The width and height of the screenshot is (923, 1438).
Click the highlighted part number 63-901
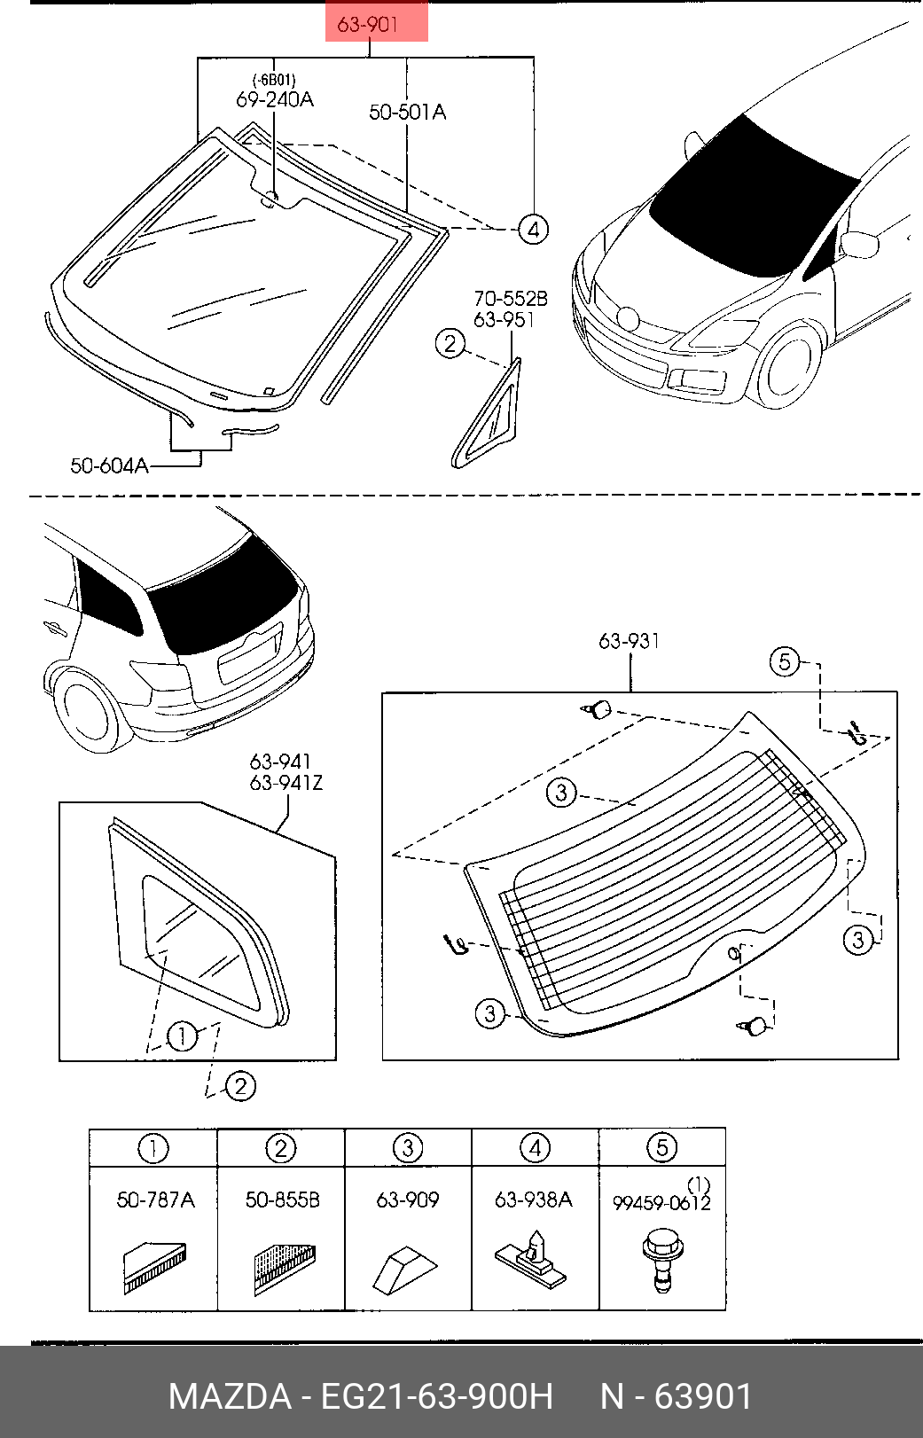[x=367, y=25]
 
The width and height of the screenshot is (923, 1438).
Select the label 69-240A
[x=275, y=99]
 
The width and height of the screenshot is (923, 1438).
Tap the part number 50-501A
[x=407, y=113]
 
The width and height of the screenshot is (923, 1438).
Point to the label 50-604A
[x=109, y=465]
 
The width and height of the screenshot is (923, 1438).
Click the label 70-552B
[x=511, y=299]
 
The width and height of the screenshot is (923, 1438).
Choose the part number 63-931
[x=629, y=641]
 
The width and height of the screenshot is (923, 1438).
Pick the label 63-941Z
[x=286, y=783]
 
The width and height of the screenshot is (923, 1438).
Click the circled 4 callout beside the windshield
[x=533, y=230]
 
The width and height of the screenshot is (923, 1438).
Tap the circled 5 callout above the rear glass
[x=785, y=661]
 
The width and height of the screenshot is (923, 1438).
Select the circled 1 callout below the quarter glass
[x=182, y=1036]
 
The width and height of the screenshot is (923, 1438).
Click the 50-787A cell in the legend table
[x=155, y=1200]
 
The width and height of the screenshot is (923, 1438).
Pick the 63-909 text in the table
[x=408, y=1200]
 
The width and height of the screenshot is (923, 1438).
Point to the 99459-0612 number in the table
[x=661, y=1202]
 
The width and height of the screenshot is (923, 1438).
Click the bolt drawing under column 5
[x=662, y=1259]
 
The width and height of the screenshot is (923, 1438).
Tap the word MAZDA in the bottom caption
[x=230, y=1396]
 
